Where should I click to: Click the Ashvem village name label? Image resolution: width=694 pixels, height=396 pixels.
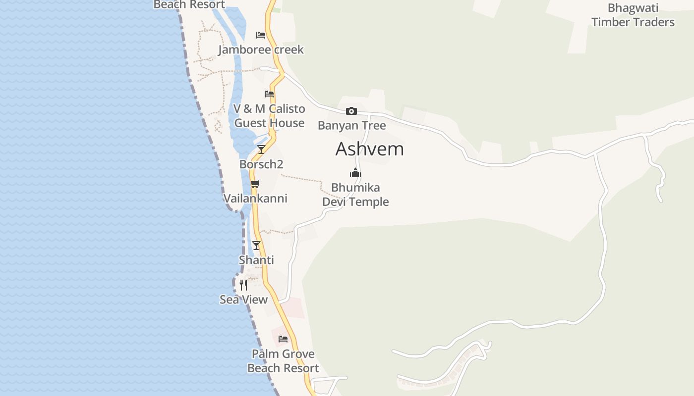pyautogui.click(x=369, y=149)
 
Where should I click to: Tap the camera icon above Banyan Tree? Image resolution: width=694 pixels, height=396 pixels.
pyautogui.click(x=351, y=111)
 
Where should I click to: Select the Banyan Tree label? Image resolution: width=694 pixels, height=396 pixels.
pyautogui.click(x=351, y=125)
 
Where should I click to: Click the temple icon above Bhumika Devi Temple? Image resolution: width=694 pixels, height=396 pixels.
pyautogui.click(x=355, y=173)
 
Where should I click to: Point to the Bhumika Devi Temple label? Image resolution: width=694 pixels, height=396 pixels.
pyautogui.click(x=355, y=195)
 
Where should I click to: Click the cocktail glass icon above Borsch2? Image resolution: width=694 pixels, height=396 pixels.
pyautogui.click(x=261, y=149)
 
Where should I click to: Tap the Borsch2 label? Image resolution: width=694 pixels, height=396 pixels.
pyautogui.click(x=261, y=164)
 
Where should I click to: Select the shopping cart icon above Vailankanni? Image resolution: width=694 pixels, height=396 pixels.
pyautogui.click(x=255, y=184)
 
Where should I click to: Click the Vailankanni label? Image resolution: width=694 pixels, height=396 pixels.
pyautogui.click(x=255, y=198)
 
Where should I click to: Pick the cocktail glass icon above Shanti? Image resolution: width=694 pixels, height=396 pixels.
pyautogui.click(x=256, y=246)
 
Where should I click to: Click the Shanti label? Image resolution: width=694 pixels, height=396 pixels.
pyautogui.click(x=256, y=260)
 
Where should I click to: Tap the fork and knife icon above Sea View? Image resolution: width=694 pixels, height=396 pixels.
pyautogui.click(x=243, y=285)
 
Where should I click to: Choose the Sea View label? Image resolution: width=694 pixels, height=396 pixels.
pyautogui.click(x=243, y=299)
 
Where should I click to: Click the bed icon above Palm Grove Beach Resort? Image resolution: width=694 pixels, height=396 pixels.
pyautogui.click(x=283, y=339)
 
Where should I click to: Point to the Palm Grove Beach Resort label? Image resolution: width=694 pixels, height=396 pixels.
pyautogui.click(x=283, y=361)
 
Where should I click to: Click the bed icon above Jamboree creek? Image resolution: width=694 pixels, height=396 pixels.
pyautogui.click(x=261, y=35)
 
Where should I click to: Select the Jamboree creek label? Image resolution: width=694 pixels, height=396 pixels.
pyautogui.click(x=261, y=49)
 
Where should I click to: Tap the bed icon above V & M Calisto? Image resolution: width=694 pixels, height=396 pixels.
pyautogui.click(x=269, y=94)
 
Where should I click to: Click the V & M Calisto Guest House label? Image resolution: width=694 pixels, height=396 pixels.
pyautogui.click(x=269, y=116)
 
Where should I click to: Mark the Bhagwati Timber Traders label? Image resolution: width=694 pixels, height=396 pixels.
pyautogui.click(x=633, y=15)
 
